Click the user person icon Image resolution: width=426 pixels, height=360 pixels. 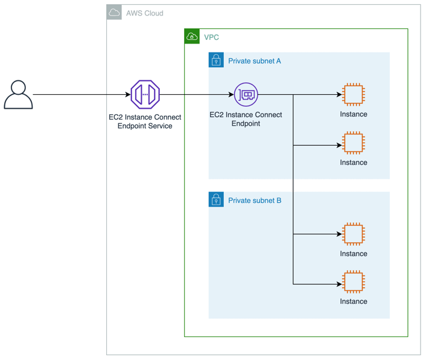pyautogui.click(x=18, y=95)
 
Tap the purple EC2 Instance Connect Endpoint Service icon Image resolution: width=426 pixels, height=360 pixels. pyautogui.click(x=145, y=94)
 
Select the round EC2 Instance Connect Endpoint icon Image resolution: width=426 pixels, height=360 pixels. pyautogui.click(x=246, y=94)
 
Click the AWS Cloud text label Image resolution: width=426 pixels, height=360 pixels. pyautogui.click(x=144, y=13)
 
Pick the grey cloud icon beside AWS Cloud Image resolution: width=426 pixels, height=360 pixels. pyautogui.click(x=114, y=12)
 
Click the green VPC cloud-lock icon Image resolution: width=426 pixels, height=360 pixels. pyautogui.click(x=192, y=36)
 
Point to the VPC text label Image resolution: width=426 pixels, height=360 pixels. pyautogui.click(x=211, y=37)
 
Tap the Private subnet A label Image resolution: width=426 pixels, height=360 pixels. pyautogui.click(x=254, y=60)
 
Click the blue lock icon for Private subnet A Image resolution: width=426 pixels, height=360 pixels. pyautogui.click(x=216, y=60)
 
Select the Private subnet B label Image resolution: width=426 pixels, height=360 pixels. pyautogui.click(x=254, y=200)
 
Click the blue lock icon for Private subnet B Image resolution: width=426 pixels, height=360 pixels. pyautogui.click(x=216, y=199)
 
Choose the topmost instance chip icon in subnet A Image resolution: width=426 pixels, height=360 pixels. pyautogui.click(x=353, y=95)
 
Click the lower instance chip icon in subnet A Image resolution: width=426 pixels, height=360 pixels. pyautogui.click(x=353, y=143)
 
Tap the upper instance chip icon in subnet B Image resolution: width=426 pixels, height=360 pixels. pyautogui.click(x=353, y=234)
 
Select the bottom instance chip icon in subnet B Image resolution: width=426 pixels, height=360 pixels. pyautogui.click(x=353, y=281)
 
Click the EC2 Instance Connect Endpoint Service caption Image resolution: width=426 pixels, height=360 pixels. pyautogui.click(x=145, y=121)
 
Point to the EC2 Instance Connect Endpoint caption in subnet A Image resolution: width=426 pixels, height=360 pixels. pyautogui.click(x=246, y=119)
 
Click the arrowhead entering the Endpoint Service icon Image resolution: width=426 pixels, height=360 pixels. pyautogui.click(x=127, y=95)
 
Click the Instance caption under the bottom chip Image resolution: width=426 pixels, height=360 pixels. pyautogui.click(x=353, y=301)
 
